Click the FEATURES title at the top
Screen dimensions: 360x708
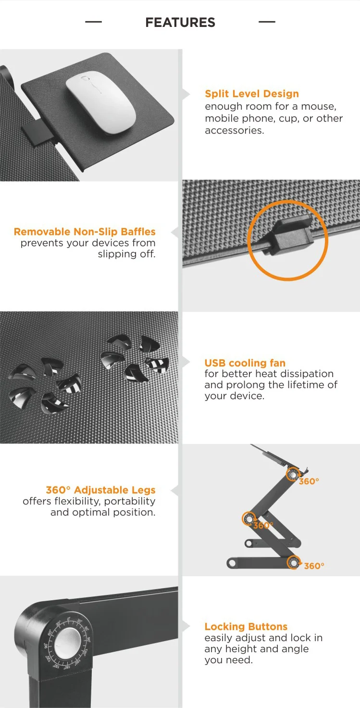point(180,23)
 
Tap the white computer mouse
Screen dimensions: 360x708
point(101,102)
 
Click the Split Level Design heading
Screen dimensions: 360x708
point(252,94)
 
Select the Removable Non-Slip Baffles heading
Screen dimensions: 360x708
point(85,232)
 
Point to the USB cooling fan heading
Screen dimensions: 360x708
point(245,363)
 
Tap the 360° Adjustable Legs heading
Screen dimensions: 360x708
point(100,490)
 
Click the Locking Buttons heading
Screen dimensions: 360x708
point(246,626)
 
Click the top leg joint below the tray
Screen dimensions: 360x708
point(293,475)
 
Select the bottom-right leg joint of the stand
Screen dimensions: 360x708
point(294,563)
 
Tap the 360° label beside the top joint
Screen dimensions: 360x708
point(309,481)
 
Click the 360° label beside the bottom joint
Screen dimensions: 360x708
point(314,566)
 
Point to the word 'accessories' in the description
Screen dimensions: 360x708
point(235,130)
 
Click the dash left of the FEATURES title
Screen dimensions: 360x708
point(93,22)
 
